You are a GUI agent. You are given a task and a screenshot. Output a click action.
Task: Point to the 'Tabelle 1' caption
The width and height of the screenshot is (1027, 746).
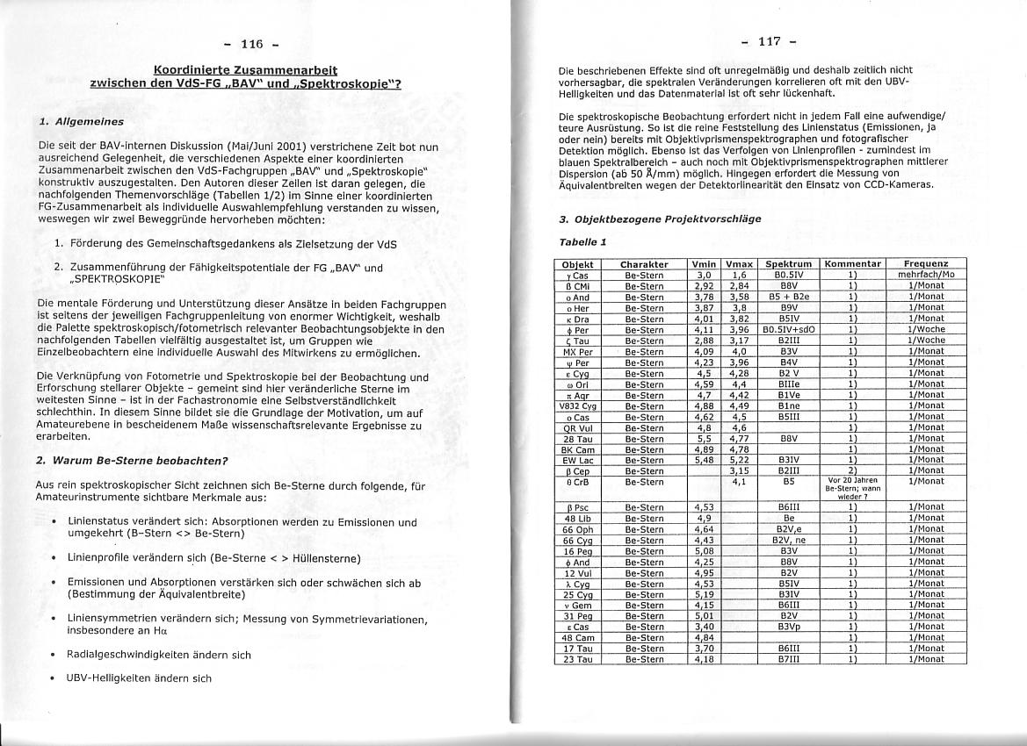582,241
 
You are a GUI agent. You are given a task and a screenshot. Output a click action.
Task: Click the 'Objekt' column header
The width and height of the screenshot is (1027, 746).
577,264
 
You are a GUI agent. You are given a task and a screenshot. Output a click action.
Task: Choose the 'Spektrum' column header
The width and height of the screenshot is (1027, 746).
787,264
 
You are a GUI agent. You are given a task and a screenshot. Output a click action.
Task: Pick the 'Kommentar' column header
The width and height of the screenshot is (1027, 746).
852,264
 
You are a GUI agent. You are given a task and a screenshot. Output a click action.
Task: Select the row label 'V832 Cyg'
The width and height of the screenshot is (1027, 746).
577,405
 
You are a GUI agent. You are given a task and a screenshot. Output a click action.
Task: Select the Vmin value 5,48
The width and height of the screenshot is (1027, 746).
703,459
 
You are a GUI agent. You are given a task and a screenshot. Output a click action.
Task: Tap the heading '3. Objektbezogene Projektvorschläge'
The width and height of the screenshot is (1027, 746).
659,219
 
